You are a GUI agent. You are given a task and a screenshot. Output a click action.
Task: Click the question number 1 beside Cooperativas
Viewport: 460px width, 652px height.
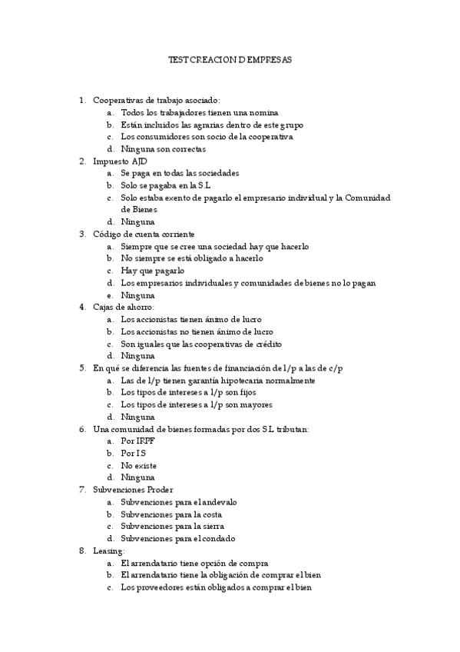tap(81, 100)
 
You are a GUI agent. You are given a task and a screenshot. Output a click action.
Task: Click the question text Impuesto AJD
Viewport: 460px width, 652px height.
tap(120, 161)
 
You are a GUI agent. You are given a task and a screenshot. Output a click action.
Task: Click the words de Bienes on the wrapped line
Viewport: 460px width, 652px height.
tap(139, 209)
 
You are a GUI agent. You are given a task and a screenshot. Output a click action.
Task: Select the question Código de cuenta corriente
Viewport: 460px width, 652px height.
tap(144, 234)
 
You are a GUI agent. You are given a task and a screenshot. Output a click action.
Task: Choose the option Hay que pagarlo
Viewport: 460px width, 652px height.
tap(153, 271)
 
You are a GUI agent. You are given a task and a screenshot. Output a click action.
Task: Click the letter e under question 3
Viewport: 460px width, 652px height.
tap(111, 295)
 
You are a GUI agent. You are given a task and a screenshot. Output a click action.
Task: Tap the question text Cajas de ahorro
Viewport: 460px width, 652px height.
tap(123, 307)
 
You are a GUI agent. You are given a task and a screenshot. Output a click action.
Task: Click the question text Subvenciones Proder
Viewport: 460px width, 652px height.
tap(133, 490)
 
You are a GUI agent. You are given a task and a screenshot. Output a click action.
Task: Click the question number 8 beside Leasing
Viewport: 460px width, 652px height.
tap(81, 551)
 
